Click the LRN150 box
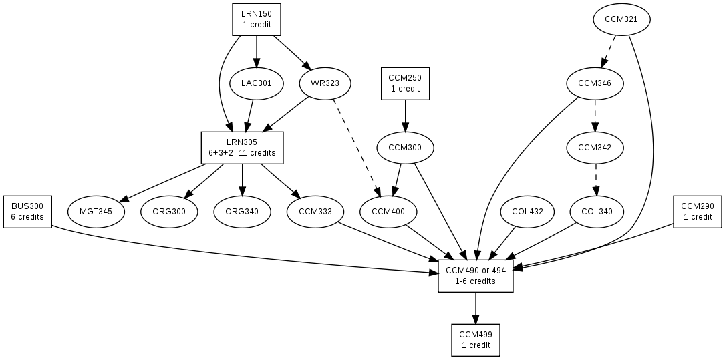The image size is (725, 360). pyautogui.click(x=257, y=19)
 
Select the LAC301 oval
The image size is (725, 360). pyautogui.click(x=257, y=83)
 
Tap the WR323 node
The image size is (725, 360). pyautogui.click(x=325, y=83)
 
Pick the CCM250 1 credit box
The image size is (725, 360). pyautogui.click(x=405, y=83)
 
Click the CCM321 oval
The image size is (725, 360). pyautogui.click(x=621, y=19)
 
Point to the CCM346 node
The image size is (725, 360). pyautogui.click(x=595, y=83)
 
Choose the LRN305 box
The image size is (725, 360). pyautogui.click(x=242, y=148)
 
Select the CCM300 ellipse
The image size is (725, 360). pyautogui.click(x=405, y=148)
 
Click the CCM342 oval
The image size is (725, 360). pyautogui.click(x=595, y=148)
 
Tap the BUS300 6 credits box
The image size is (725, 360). pyautogui.click(x=27, y=212)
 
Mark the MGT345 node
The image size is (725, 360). pyautogui.click(x=96, y=212)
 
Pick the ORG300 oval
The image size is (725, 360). pyautogui.click(x=169, y=212)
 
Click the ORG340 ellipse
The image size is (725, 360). pyautogui.click(x=242, y=212)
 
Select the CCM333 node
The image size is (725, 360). pyautogui.click(x=315, y=212)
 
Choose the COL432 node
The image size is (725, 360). pyautogui.click(x=528, y=212)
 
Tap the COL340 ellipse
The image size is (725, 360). pyautogui.click(x=597, y=212)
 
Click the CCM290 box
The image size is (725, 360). pyautogui.click(x=698, y=212)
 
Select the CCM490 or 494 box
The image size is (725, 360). pyautogui.click(x=475, y=276)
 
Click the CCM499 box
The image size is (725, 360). pyautogui.click(x=475, y=340)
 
